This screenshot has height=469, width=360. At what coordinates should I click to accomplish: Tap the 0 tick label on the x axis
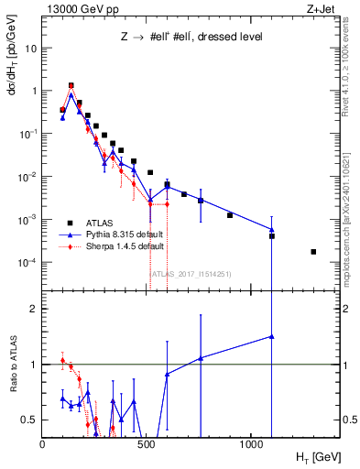[x=43, y=444]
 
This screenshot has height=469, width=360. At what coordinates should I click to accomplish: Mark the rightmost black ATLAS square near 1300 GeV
[x=313, y=252]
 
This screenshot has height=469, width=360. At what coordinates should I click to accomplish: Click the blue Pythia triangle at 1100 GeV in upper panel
[x=272, y=230]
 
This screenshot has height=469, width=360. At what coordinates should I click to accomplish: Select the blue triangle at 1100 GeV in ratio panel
[x=272, y=336]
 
